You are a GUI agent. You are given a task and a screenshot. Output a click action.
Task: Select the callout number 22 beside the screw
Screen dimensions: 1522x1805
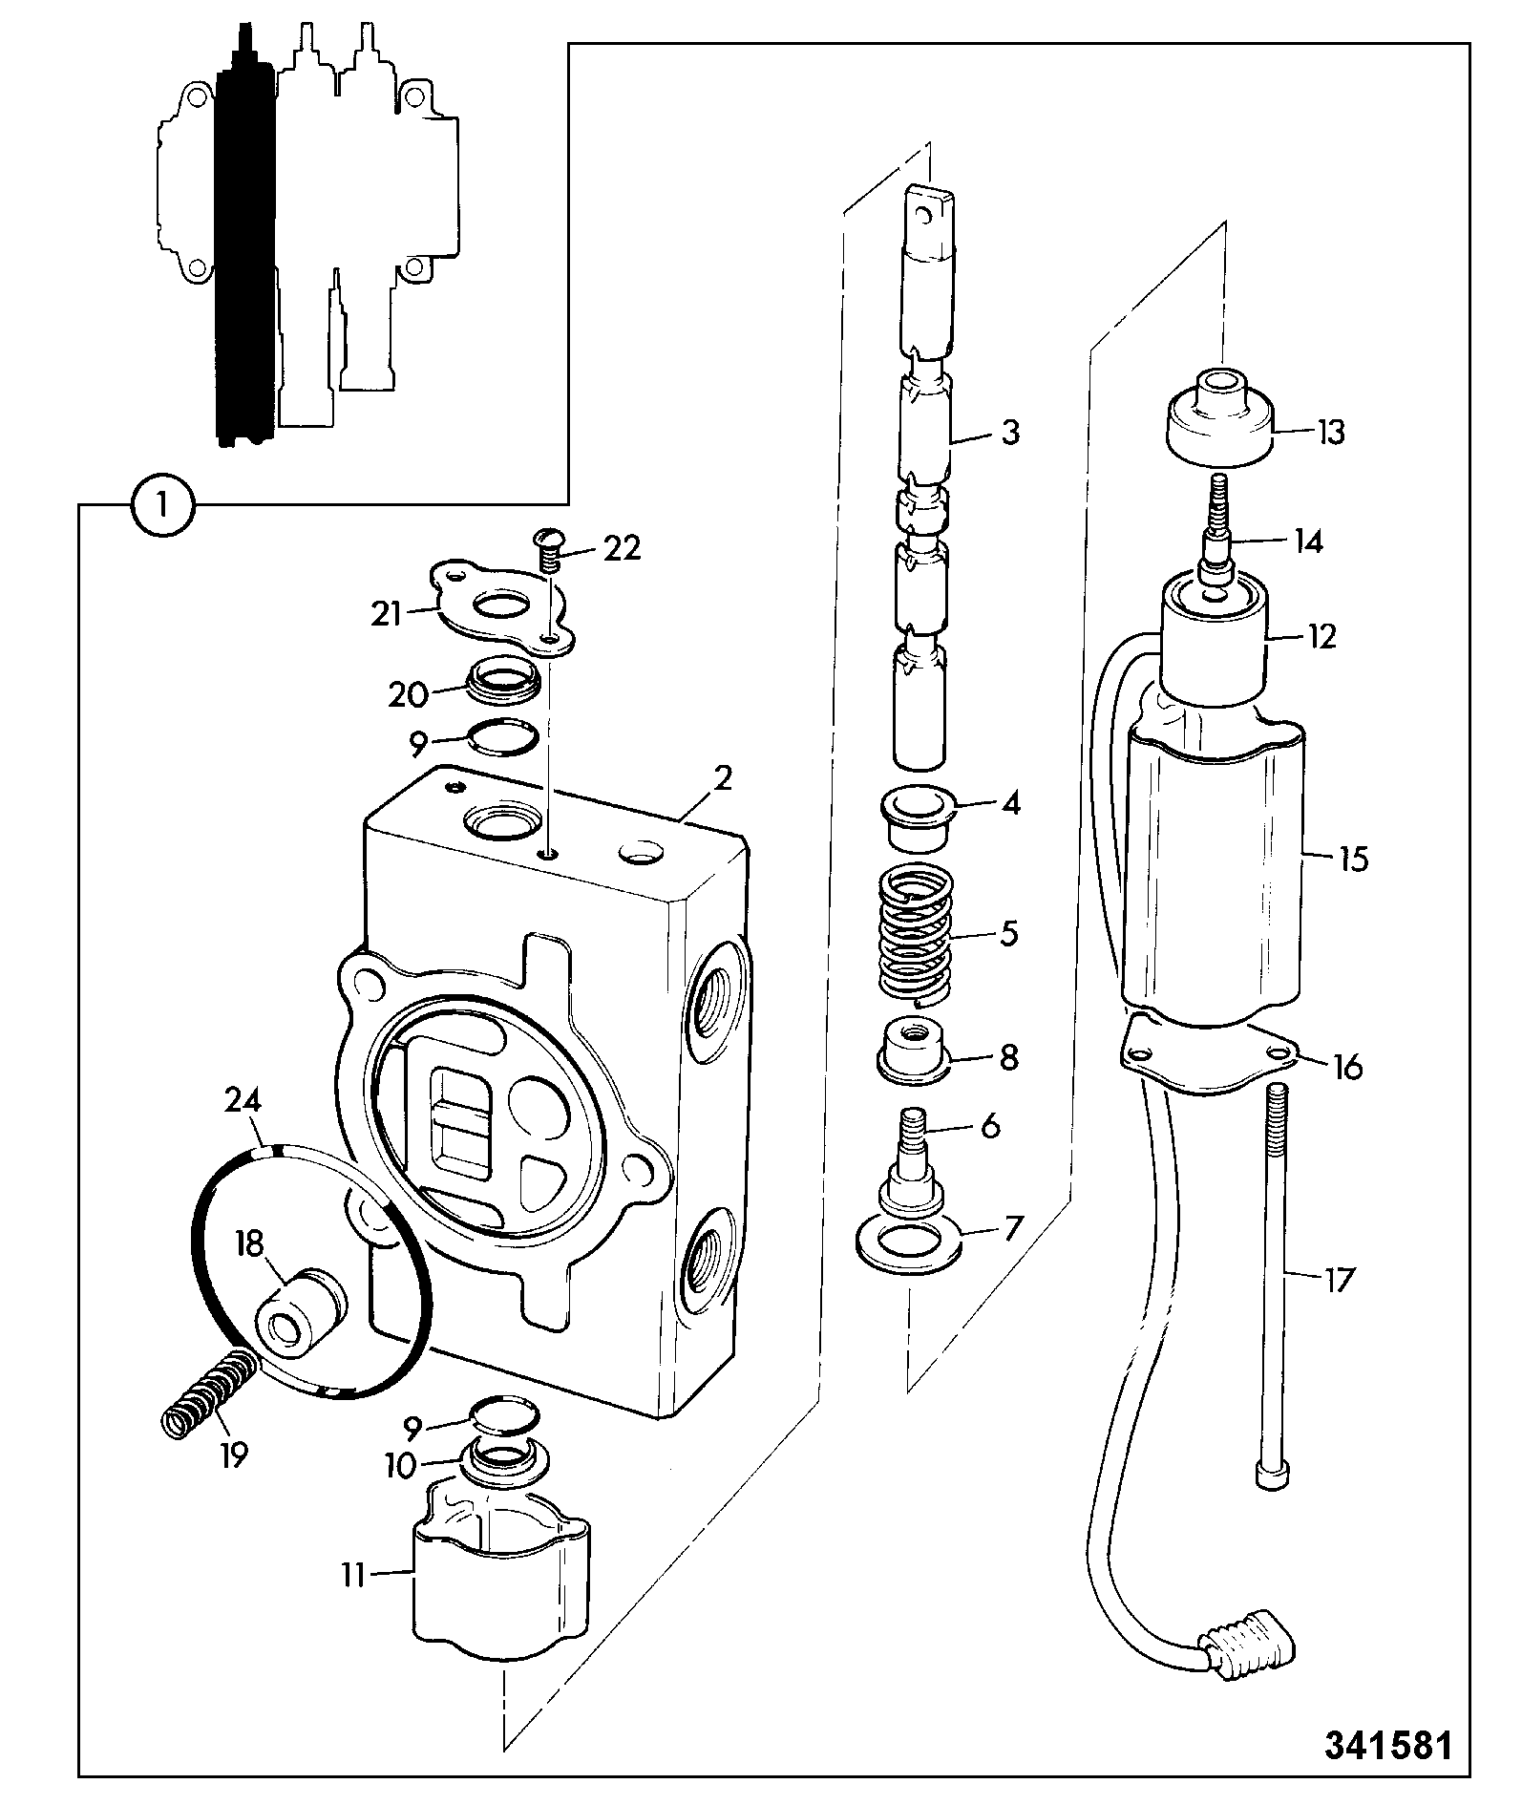coord(621,549)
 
